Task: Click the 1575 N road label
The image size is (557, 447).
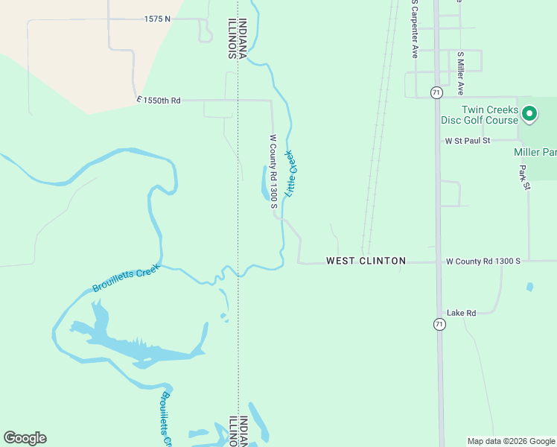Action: click(x=157, y=19)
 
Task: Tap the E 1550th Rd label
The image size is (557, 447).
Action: click(x=159, y=100)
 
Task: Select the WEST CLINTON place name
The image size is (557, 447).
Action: click(x=366, y=261)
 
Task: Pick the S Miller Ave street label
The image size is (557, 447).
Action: click(x=461, y=73)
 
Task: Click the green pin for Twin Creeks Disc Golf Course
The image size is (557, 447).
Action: click(x=529, y=114)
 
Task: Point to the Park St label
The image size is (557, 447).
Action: click(x=524, y=177)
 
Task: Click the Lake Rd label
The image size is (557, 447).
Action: click(x=461, y=313)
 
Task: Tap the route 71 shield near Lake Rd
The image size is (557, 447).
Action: click(x=439, y=324)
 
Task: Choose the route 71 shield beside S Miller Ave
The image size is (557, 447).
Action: click(x=436, y=92)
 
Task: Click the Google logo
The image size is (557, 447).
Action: click(x=25, y=438)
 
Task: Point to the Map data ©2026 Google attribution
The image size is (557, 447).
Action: click(x=511, y=441)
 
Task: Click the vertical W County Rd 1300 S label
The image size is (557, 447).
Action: click(x=273, y=171)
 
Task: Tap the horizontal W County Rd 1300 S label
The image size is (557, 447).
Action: click(x=483, y=261)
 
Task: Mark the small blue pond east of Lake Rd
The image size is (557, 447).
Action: click(x=529, y=287)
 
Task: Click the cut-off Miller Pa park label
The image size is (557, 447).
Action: click(x=535, y=152)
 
